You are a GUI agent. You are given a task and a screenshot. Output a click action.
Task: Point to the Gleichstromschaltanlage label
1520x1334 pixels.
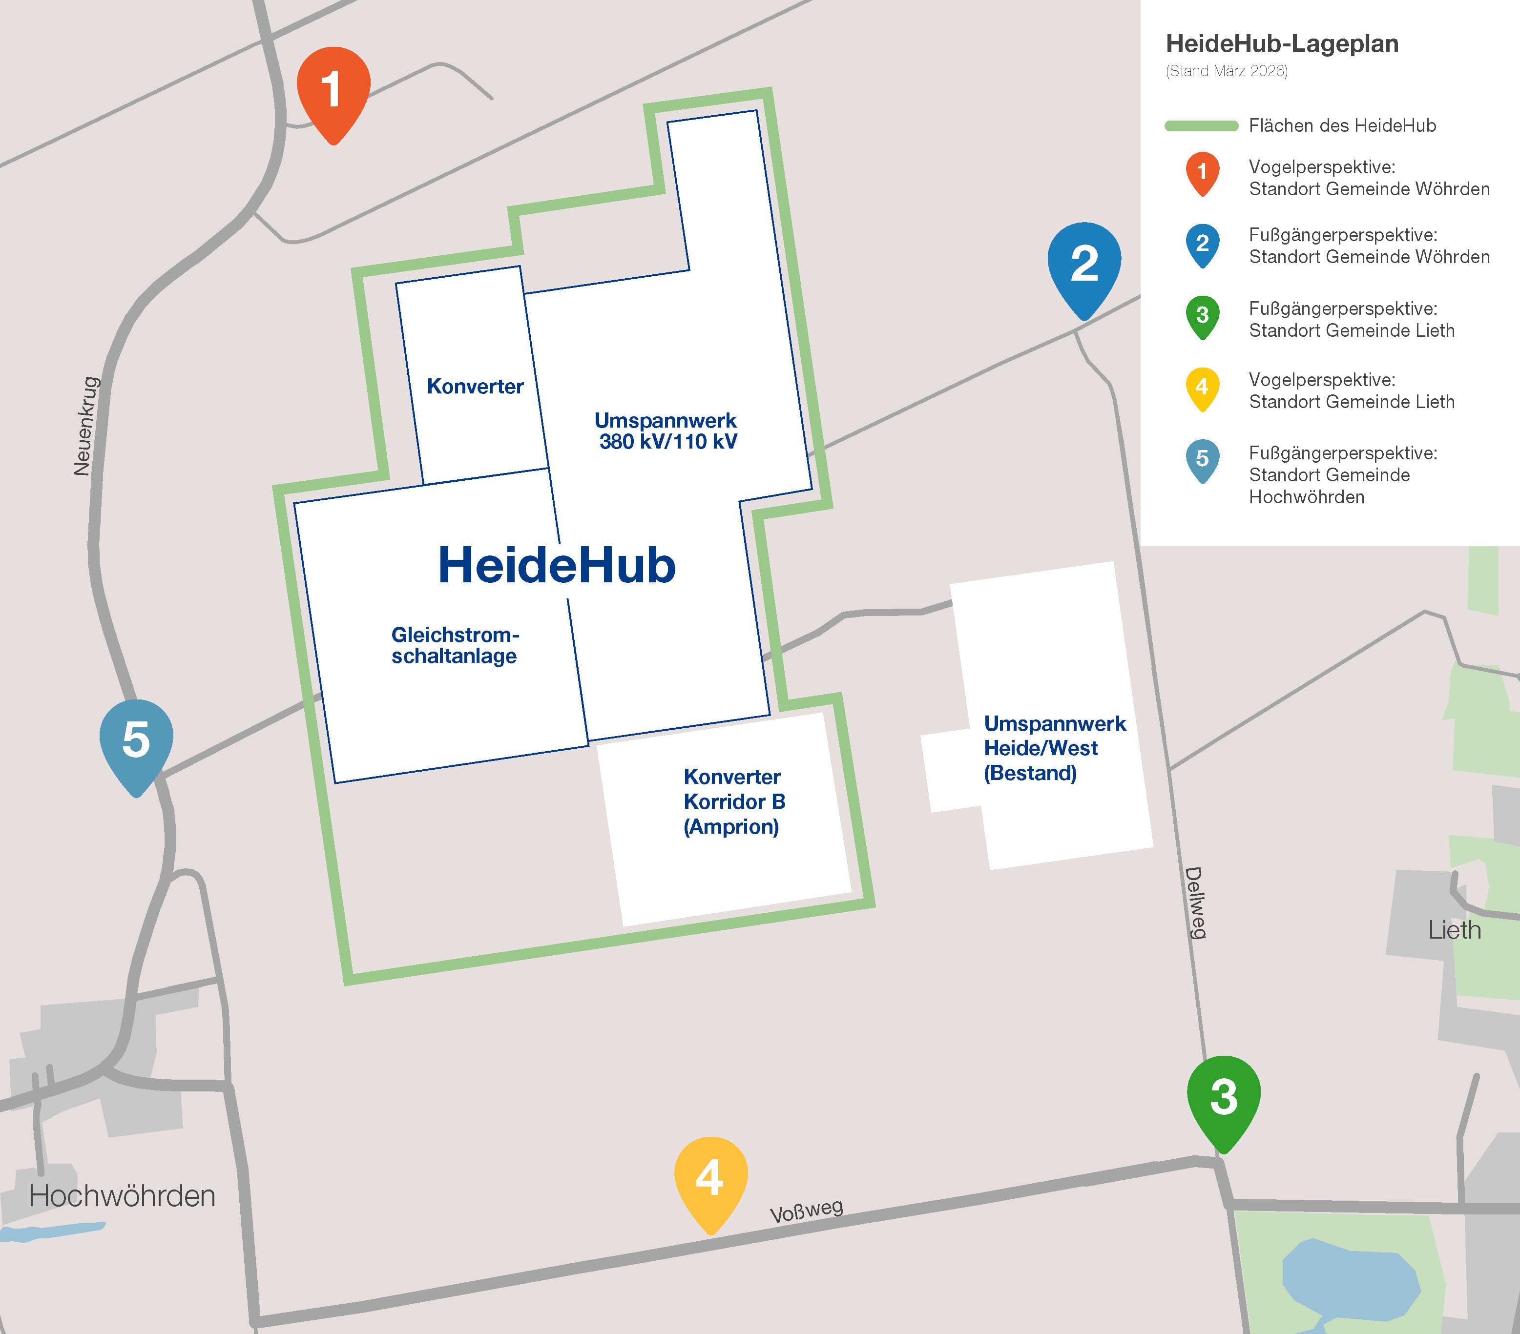[455, 645]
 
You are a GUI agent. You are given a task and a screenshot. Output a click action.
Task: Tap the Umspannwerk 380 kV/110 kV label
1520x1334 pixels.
[666, 431]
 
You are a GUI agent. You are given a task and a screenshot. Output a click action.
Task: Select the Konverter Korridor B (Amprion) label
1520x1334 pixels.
[733, 801]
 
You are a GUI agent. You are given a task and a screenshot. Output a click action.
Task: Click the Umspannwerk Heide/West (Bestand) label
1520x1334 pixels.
[1054, 748]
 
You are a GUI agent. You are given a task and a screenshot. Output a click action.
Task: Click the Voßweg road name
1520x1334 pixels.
[806, 1211]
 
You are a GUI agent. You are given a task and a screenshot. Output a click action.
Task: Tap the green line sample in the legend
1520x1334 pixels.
[1201, 125]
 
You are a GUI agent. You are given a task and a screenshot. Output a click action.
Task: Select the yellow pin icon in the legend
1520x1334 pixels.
[1202, 388]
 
